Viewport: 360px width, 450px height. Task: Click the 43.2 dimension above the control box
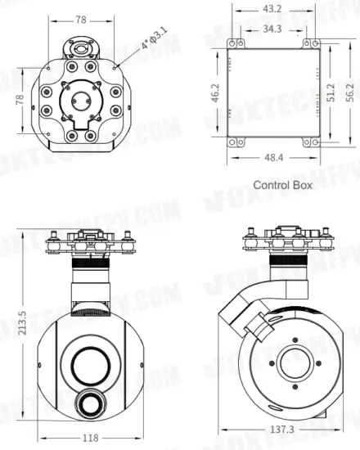pyautogui.click(x=272, y=8)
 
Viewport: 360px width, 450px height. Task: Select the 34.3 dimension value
pyautogui.click(x=272, y=29)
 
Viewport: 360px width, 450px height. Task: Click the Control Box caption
pyautogui.click(x=282, y=185)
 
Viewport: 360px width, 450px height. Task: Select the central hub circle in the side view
pyautogui.click(x=292, y=364)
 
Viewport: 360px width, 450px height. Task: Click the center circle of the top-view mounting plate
pyautogui.click(x=79, y=101)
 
